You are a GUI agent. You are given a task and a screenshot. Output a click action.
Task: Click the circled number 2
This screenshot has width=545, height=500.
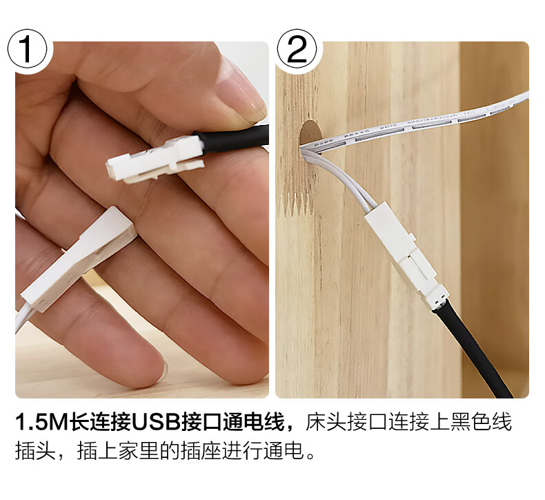click(x=297, y=49)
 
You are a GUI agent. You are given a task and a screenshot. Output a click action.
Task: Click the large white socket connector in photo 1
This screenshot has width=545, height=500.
click(x=78, y=258)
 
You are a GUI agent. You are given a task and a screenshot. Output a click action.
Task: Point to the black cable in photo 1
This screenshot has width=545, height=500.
click(x=232, y=139)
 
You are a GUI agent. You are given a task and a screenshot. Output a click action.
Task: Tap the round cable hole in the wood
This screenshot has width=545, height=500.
click(x=310, y=135)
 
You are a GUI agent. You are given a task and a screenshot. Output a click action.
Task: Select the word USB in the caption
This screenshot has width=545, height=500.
click(x=155, y=422)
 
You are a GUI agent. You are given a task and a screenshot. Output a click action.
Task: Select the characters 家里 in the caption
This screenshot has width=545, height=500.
click(x=139, y=451)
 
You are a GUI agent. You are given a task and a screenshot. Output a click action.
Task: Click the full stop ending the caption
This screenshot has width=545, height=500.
click(x=311, y=456)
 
